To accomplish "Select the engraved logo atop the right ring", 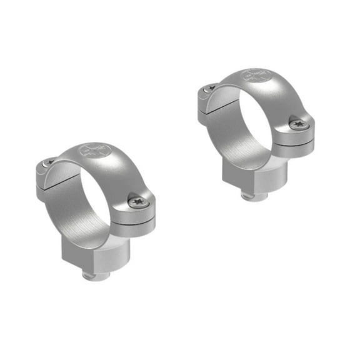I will coord(252,76).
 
